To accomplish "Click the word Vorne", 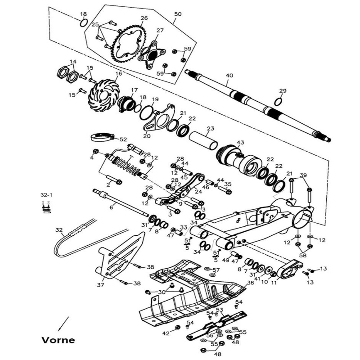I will point(58,340).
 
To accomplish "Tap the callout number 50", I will point(177,14).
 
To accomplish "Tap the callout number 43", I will point(240,143).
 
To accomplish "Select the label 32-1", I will point(46,195).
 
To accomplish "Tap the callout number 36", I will point(250,283).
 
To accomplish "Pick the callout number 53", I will point(220,310).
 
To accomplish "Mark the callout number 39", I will point(303,175).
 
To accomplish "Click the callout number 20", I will point(146,136).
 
